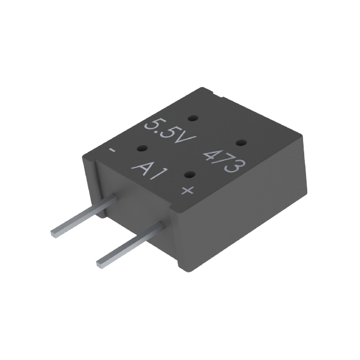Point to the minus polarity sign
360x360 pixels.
pos(112,151)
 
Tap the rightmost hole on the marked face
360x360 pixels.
pos(239,142)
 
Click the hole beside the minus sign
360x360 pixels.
pos(143,148)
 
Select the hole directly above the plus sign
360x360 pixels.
pos(189,175)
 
